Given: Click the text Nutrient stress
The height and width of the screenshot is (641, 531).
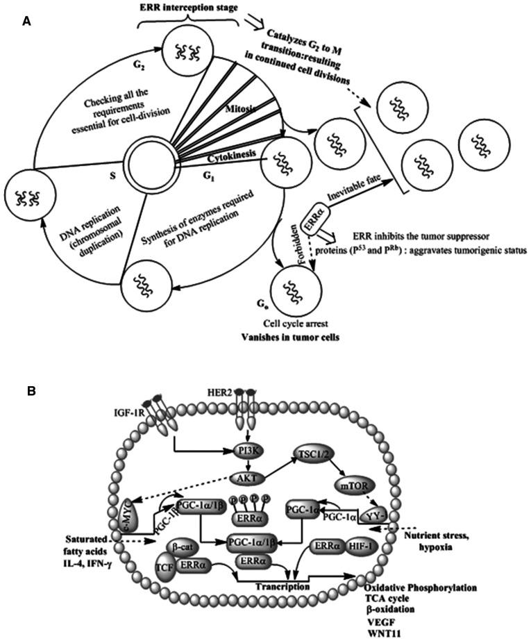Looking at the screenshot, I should click(435, 537).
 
